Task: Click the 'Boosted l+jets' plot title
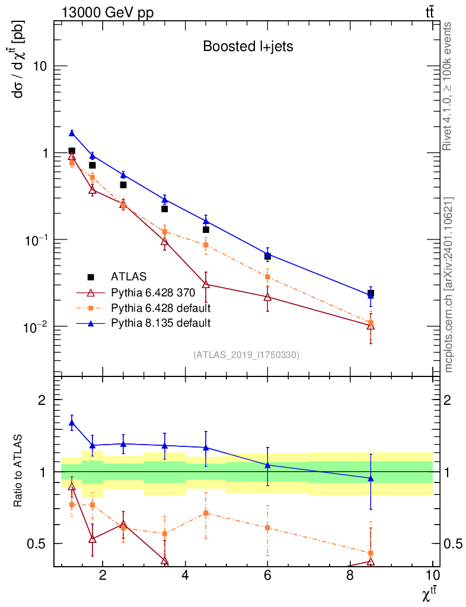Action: coord(248,46)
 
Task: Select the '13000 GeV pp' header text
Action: coord(107,12)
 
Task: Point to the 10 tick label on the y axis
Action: coord(40,66)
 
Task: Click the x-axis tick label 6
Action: coord(267,575)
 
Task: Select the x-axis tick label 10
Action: coord(432,575)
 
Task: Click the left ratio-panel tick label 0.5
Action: coord(36,544)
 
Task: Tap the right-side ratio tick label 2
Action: coord(447,400)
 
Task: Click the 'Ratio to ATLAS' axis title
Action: coord(18,471)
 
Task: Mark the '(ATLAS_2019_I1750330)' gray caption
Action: coord(246,355)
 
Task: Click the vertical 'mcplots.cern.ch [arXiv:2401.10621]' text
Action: coord(449,285)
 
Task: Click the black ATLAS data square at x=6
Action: coord(267,256)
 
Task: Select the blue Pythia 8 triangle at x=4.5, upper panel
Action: coord(206,221)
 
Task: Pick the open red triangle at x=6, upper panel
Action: coord(267,298)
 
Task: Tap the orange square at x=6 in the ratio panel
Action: coord(267,527)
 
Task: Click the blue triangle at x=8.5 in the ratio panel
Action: coord(371,478)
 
